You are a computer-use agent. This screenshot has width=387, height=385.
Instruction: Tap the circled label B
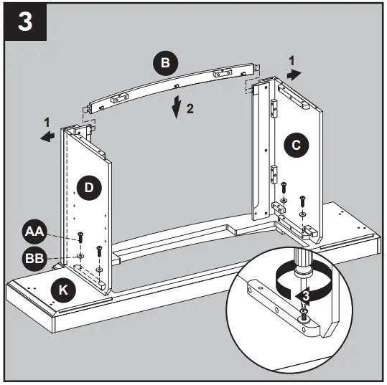pyautogui.click(x=165, y=63)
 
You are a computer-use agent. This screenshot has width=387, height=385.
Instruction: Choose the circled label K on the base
pyautogui.click(x=64, y=290)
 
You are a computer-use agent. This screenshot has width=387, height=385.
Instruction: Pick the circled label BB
pyautogui.click(x=33, y=256)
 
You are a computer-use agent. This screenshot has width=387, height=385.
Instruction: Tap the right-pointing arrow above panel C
pyautogui.click(x=294, y=73)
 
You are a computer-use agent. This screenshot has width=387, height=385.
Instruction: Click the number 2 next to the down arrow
pyautogui.click(x=190, y=110)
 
